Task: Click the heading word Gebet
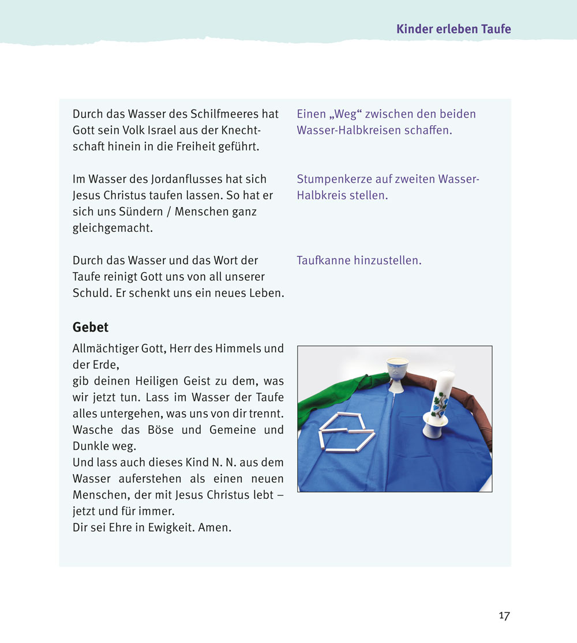[x=91, y=328]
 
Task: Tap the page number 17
[x=504, y=616]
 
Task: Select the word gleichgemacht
[x=113, y=228]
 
